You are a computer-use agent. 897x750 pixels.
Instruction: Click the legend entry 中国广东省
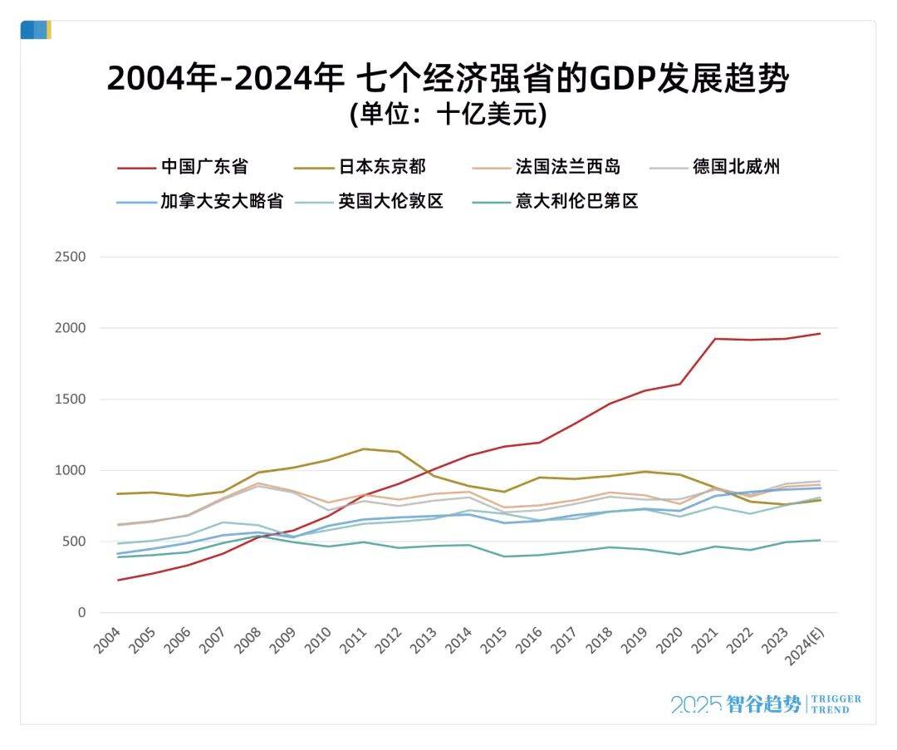[x=203, y=166]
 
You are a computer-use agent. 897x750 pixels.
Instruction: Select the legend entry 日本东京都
[x=381, y=166]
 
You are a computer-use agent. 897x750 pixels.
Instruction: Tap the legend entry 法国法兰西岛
[x=567, y=166]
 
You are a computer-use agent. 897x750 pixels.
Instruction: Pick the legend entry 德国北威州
[x=736, y=166]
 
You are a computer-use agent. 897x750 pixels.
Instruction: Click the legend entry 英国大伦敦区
[x=390, y=201]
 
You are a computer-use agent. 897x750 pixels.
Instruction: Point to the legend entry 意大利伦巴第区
[x=576, y=201]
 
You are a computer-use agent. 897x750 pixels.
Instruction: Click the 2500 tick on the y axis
[x=70, y=257]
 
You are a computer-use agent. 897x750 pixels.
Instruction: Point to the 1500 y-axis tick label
[x=70, y=400]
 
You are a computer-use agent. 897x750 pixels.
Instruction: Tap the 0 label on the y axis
[x=81, y=613]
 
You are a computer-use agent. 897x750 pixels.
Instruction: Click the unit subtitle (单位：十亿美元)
[x=448, y=114]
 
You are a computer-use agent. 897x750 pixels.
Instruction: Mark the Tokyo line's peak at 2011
[x=362, y=449]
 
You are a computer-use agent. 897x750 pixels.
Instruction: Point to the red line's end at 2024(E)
[x=820, y=334]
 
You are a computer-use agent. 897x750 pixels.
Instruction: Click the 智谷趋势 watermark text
[x=763, y=704]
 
